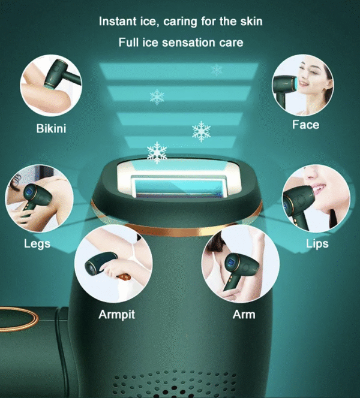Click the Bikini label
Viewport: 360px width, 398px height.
tap(51, 128)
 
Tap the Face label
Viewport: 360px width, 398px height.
tap(305, 125)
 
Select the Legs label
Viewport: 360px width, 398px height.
tap(37, 244)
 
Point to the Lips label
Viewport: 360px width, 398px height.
tap(317, 243)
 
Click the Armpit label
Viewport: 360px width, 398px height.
tap(116, 315)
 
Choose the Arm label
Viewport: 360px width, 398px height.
tap(244, 315)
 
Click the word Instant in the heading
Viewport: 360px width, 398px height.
tap(118, 22)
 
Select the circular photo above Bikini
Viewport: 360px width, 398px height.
tap(51, 85)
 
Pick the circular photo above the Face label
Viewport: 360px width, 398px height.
tap(303, 85)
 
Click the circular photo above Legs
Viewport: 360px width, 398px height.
tap(40, 198)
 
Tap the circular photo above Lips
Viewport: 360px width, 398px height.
tap(316, 198)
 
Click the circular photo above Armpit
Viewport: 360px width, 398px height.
tap(113, 264)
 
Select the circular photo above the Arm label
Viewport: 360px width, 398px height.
tap(241, 264)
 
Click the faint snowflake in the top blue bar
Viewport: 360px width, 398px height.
tap(217, 70)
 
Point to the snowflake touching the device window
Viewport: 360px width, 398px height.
tap(157, 152)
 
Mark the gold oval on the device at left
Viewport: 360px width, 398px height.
tap(19, 319)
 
